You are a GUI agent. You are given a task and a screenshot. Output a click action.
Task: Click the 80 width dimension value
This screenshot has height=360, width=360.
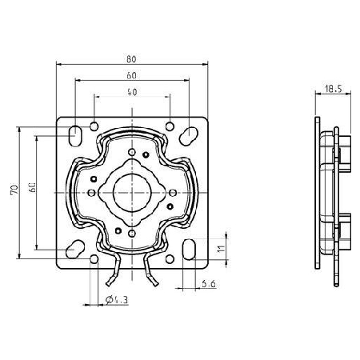pyautogui.click(x=131, y=59)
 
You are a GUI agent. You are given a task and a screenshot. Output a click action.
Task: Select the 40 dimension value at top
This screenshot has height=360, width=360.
pyautogui.click(x=132, y=92)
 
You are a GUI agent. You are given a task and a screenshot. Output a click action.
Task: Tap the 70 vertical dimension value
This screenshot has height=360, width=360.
pyautogui.click(x=14, y=189)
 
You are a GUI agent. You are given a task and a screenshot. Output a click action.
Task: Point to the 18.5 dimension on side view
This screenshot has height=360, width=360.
pyautogui.click(x=334, y=88)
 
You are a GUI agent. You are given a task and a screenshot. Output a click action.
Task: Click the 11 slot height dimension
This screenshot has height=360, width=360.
pyautogui.click(x=221, y=249)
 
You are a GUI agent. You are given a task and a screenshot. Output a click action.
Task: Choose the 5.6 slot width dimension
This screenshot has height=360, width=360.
pyautogui.click(x=209, y=284)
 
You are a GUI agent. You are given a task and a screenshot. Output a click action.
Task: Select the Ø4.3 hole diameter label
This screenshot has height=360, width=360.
pyautogui.click(x=117, y=300)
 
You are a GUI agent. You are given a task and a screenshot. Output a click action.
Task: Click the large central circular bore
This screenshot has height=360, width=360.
pyautogui.click(x=132, y=193)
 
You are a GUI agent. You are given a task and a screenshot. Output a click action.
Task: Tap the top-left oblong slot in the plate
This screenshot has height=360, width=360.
pyautogui.click(x=75, y=136)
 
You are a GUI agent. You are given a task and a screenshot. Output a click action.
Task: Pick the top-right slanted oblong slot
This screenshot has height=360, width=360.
pyautogui.click(x=189, y=136)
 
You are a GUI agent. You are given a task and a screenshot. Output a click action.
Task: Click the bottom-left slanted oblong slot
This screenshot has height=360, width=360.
pyautogui.click(x=75, y=249)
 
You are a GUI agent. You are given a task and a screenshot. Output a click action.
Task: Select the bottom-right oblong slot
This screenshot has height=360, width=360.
pyautogui.click(x=189, y=250)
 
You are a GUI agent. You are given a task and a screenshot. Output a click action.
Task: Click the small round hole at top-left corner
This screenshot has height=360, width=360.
pyautogui.click(x=94, y=126)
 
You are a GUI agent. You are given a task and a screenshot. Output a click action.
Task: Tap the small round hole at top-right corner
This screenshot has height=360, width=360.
pyautogui.click(x=170, y=126)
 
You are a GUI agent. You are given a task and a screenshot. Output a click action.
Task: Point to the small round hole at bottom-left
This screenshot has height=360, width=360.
pyautogui.click(x=94, y=259)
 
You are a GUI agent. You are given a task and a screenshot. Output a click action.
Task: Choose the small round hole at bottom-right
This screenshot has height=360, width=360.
pyautogui.click(x=170, y=259)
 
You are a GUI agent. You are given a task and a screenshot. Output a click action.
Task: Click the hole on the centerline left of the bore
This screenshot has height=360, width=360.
pyautogui.click(x=91, y=193)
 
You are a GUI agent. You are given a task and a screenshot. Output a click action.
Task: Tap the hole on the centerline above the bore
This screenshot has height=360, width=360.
pyautogui.click(x=132, y=152)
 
